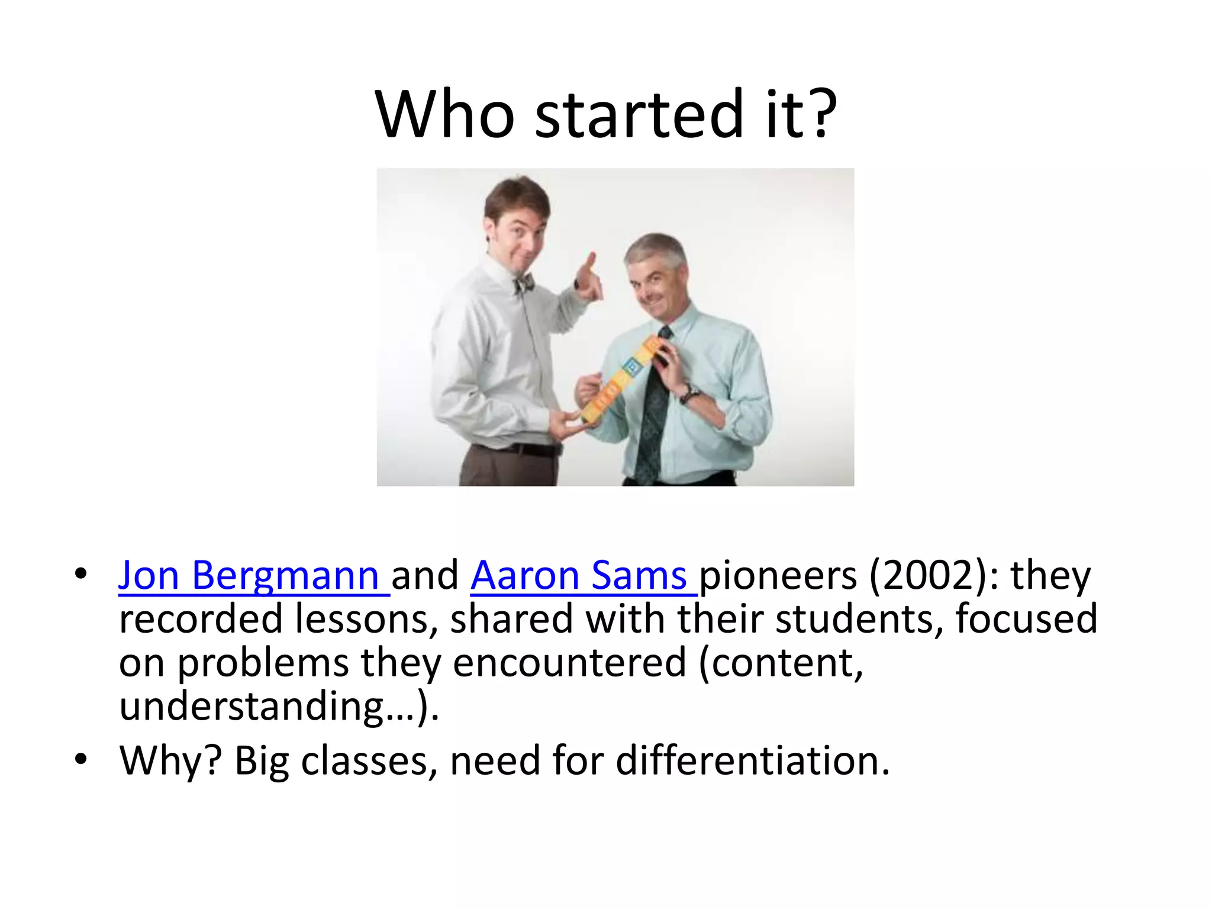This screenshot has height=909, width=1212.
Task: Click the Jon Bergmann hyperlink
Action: (x=249, y=575)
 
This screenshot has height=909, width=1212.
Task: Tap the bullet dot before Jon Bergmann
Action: (x=81, y=574)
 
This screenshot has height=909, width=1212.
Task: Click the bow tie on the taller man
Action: (x=524, y=283)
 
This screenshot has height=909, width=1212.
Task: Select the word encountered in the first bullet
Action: (x=569, y=663)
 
